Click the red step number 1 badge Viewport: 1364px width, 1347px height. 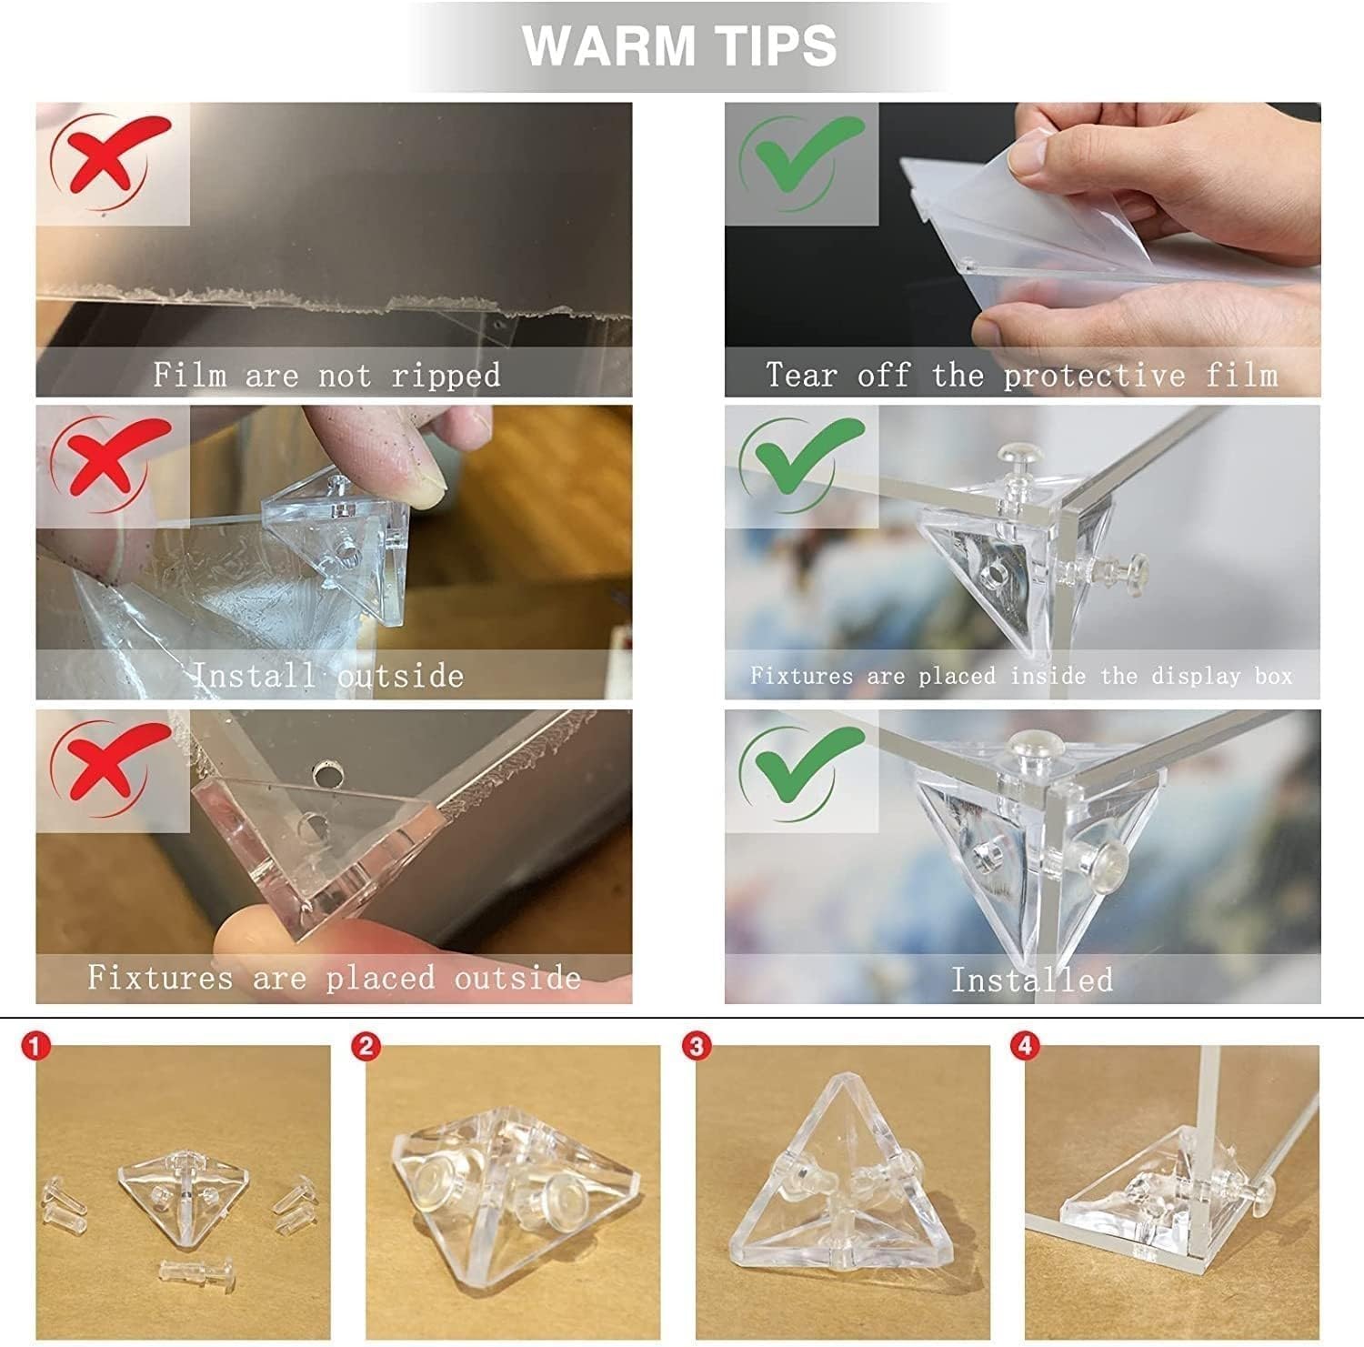pos(35,1048)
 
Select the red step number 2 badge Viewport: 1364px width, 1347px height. pos(366,1048)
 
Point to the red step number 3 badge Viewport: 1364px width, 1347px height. pos(696,1048)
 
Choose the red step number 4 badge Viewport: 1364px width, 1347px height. pos(1025,1048)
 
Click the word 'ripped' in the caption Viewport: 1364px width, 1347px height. pos(446,376)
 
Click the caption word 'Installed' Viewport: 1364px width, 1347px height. pos(1031,979)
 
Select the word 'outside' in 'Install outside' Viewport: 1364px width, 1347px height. pos(400,676)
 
